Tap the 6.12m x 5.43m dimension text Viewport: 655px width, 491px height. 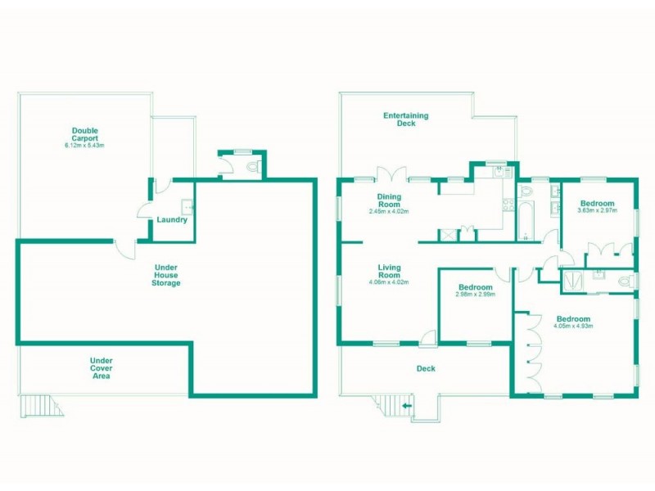pos(85,146)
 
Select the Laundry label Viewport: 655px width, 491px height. pos(172,219)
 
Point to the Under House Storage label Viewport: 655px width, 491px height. pos(167,275)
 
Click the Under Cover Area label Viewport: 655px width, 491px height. pos(102,367)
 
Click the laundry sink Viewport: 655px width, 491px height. pos(187,205)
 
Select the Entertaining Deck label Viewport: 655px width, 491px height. pos(406,119)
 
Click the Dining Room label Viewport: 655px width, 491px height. pos(390,200)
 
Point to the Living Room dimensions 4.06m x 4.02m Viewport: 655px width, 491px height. pos(389,282)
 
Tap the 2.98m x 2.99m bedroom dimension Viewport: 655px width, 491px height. pos(475,297)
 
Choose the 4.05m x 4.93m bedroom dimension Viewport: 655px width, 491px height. pos(572,327)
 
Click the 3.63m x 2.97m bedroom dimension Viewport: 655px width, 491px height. pos(596,211)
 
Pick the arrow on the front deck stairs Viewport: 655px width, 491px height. pos(407,405)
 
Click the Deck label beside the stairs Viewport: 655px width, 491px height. pos(426,369)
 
